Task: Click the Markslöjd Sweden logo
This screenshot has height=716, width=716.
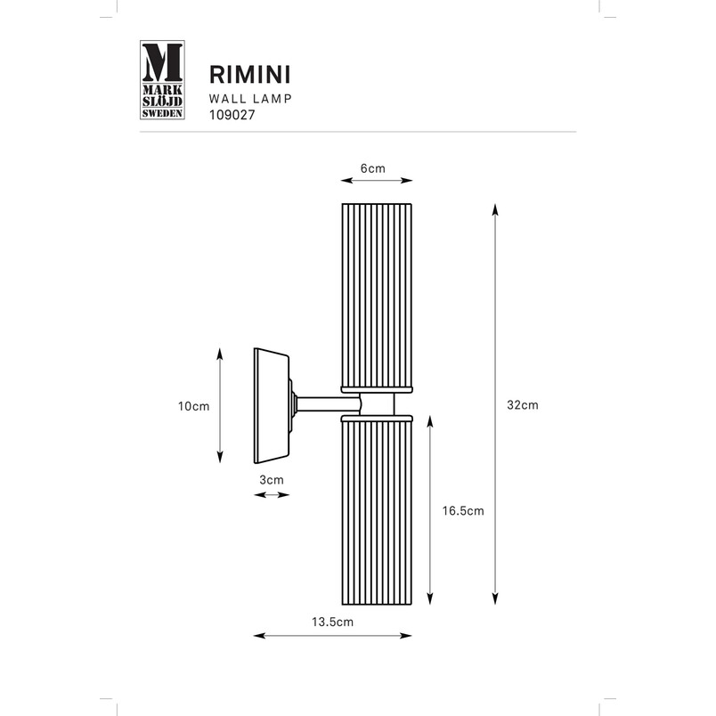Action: pyautogui.click(x=162, y=80)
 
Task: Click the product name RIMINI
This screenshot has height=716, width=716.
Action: pyautogui.click(x=249, y=75)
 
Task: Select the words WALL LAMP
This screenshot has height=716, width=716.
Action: pyautogui.click(x=250, y=99)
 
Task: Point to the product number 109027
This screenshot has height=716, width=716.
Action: pyautogui.click(x=232, y=115)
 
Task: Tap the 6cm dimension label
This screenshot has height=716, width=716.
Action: pyautogui.click(x=373, y=168)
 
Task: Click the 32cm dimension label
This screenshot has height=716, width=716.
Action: pyautogui.click(x=523, y=405)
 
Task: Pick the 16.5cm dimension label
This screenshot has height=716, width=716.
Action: pyautogui.click(x=463, y=510)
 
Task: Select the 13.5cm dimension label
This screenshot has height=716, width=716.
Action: pyautogui.click(x=332, y=622)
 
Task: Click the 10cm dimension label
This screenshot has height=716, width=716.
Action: pyautogui.click(x=193, y=406)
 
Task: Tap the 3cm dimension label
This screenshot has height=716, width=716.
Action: pyautogui.click(x=272, y=480)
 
